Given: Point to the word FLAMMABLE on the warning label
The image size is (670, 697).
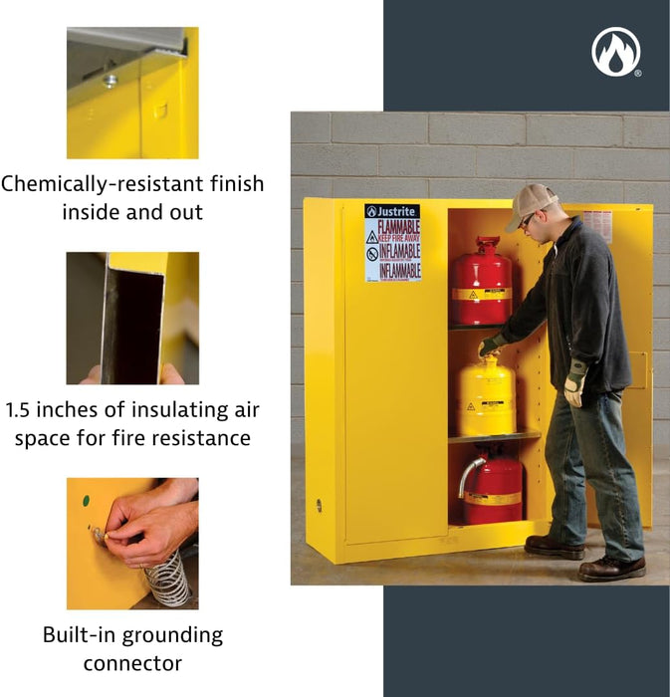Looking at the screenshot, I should pyautogui.click(x=398, y=226).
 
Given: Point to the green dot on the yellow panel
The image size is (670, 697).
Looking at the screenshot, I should pyautogui.click(x=86, y=501).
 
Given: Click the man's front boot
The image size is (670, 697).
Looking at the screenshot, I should pyautogui.click(x=611, y=568).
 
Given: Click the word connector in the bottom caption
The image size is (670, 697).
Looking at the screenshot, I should pyautogui.click(x=132, y=663).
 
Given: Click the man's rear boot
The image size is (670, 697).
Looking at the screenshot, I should pyautogui.click(x=552, y=547).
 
